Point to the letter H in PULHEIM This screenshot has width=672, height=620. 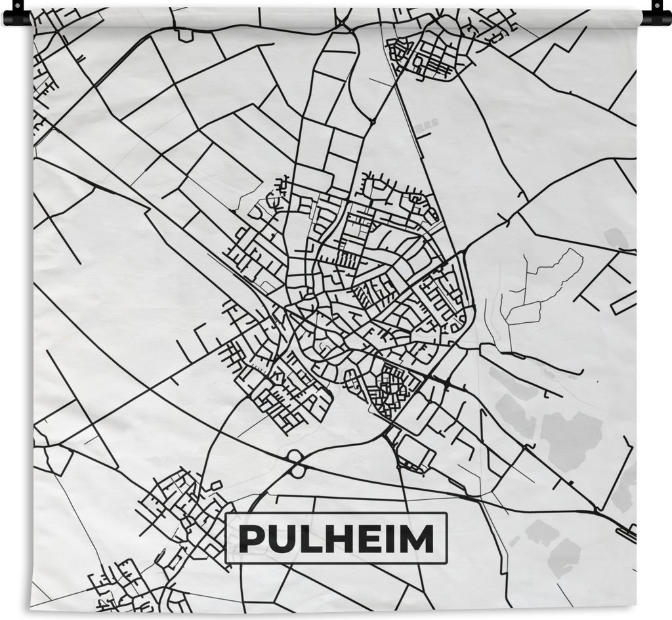328,539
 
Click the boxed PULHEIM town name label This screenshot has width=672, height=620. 335,539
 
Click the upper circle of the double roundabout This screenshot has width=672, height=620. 294,455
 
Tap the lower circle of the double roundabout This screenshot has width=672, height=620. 299,470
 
